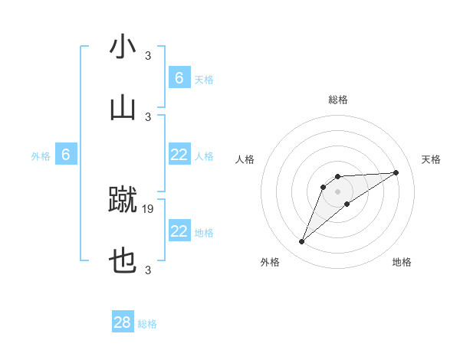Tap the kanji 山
pyautogui.click(x=123, y=108)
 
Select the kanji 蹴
pyautogui.click(x=123, y=200)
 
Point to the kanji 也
pyautogui.click(x=123, y=263)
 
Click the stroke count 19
pyautogui.click(x=148, y=208)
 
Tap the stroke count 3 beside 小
pyautogui.click(x=148, y=55)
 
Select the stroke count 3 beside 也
pyautogui.click(x=148, y=270)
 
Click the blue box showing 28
pyautogui.click(x=123, y=322)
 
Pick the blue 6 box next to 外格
pyautogui.click(x=66, y=155)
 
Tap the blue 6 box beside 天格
pyautogui.click(x=179, y=77)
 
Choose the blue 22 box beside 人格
pyautogui.click(x=179, y=155)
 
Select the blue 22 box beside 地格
pyautogui.click(x=179, y=231)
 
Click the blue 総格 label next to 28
pyautogui.click(x=147, y=324)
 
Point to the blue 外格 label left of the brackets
pyautogui.click(x=41, y=156)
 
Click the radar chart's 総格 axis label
pyautogui.click(x=337, y=100)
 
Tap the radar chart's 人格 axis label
pyautogui.click(x=245, y=159)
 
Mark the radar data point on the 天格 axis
pyautogui.click(x=396, y=172)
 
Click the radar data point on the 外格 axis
pyautogui.click(x=301, y=242)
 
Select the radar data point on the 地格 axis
pyautogui.click(x=347, y=204)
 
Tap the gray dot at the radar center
pyautogui.click(x=337, y=191)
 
